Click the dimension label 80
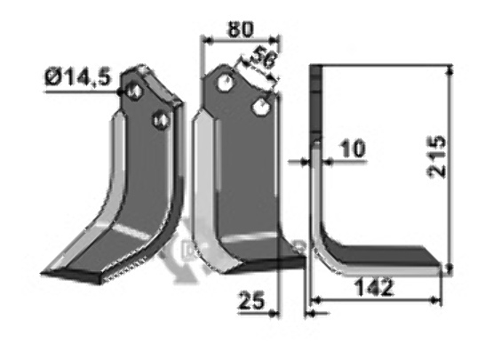[x=241, y=30]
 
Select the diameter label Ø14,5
[x=78, y=77]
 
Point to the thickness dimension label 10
[x=353, y=148]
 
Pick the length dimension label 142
[x=374, y=287]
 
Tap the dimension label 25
[x=251, y=300]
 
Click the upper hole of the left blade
[x=134, y=92]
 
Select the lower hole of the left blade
[x=162, y=120]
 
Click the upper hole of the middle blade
[x=227, y=83]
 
